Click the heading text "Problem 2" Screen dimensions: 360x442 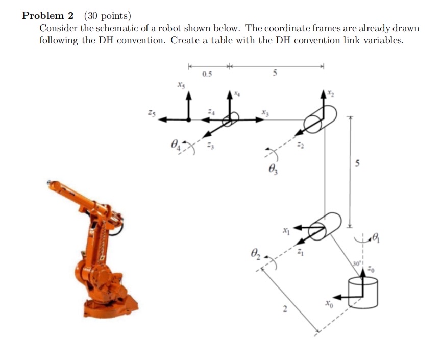click(48, 16)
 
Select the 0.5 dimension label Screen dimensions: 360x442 click(207, 75)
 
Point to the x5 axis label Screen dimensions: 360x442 click(180, 85)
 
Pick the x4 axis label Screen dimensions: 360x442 click(237, 94)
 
